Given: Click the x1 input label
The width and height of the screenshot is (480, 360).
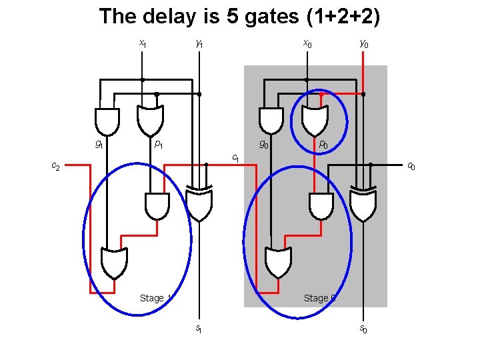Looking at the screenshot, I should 142,44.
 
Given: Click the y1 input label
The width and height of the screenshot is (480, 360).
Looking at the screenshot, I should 199,44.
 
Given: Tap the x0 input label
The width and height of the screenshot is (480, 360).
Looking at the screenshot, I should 307,44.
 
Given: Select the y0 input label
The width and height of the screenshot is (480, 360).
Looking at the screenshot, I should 363,44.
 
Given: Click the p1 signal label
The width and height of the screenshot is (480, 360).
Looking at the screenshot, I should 159,143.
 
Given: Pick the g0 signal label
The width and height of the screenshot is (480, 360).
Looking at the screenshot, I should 264,143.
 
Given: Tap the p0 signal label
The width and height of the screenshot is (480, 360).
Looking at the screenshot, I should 323,143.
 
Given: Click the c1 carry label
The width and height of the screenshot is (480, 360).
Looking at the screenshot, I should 235,157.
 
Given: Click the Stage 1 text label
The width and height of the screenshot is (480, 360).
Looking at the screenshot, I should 155,298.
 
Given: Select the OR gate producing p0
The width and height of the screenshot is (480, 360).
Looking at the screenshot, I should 315,119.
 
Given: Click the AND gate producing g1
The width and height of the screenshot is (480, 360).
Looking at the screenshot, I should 107,121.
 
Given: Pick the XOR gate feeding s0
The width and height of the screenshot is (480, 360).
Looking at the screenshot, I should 363,206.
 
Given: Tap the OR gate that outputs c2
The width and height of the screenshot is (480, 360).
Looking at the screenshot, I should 113,261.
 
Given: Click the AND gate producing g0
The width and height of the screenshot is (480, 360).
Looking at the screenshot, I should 271,121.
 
